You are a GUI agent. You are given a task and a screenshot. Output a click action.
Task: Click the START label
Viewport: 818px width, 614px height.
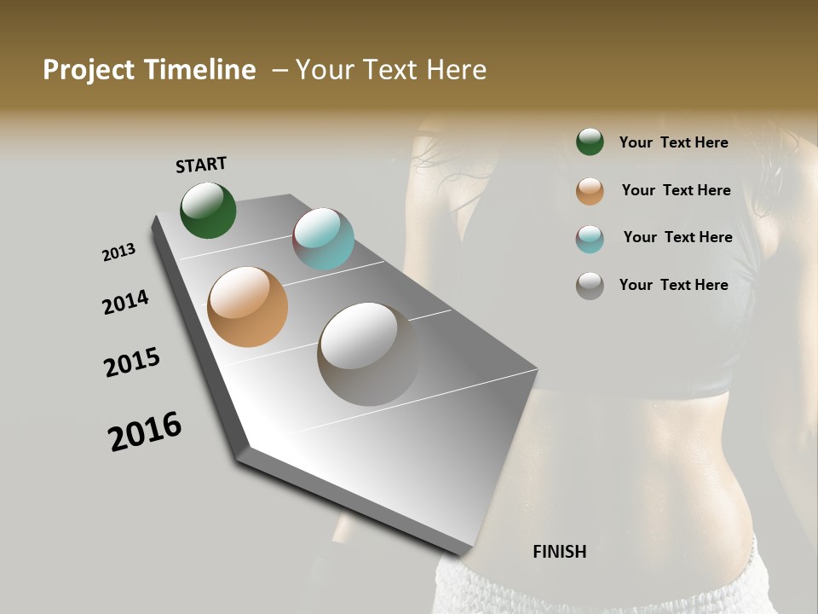(x=201, y=165)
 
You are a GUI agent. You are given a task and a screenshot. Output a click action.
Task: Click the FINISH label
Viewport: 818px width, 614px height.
(x=559, y=552)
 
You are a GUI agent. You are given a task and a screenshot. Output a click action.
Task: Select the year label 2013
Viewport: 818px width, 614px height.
(x=118, y=252)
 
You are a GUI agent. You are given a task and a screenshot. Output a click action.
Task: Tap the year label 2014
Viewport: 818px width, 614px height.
(x=125, y=302)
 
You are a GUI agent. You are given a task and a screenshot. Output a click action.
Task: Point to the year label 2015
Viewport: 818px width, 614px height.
(x=132, y=362)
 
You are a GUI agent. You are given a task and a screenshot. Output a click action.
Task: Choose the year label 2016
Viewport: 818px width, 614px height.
(x=145, y=432)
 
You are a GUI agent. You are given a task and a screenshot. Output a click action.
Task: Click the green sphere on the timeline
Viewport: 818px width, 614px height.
(x=208, y=211)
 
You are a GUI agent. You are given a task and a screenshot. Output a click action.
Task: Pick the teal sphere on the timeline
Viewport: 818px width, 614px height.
(x=323, y=239)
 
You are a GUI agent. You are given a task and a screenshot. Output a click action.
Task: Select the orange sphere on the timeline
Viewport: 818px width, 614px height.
(x=247, y=306)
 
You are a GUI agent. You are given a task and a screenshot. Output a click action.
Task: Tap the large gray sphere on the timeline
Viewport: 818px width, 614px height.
(x=368, y=353)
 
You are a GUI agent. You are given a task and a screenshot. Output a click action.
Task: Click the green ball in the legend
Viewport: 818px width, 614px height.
(x=590, y=142)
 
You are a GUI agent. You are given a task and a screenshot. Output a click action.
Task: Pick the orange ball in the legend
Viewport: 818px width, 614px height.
(x=590, y=190)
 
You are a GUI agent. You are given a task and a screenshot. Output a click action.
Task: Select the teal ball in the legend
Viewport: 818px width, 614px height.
(x=590, y=238)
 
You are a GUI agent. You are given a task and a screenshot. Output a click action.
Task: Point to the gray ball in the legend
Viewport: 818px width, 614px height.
(x=590, y=286)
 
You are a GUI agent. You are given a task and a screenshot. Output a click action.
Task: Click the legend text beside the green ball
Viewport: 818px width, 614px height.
(x=673, y=142)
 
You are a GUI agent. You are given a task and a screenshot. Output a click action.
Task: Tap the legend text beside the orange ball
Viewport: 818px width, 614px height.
(x=676, y=190)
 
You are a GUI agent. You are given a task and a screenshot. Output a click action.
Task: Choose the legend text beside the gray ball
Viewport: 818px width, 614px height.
(x=673, y=285)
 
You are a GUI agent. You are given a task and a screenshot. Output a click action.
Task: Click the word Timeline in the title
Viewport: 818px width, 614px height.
(x=199, y=70)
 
